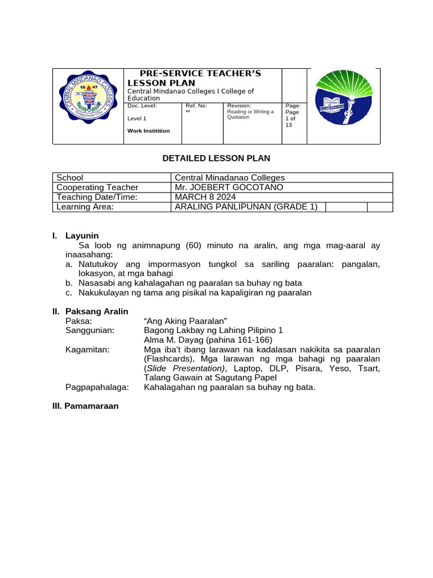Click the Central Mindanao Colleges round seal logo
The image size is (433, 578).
[x=88, y=105]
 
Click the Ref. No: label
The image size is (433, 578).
[x=196, y=106]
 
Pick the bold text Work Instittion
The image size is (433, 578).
[x=148, y=130]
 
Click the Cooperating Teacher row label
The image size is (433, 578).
[x=97, y=187]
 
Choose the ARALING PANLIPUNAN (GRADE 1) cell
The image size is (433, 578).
[x=246, y=207]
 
